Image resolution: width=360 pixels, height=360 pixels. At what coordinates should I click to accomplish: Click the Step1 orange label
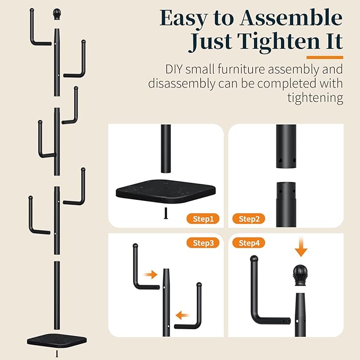203,218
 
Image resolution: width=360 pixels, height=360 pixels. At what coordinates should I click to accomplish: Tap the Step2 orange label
249,218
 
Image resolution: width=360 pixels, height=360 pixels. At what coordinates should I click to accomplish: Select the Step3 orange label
203,243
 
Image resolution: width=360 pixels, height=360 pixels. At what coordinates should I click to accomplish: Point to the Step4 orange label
249,243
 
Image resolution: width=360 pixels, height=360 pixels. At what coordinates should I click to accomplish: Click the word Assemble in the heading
291,18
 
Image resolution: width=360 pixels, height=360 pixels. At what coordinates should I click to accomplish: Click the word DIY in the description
174,69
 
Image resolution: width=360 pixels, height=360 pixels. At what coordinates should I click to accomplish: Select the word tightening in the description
315,98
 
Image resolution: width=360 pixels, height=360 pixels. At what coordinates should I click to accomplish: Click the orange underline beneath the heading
324,57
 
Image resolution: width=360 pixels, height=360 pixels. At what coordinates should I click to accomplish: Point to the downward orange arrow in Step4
301,247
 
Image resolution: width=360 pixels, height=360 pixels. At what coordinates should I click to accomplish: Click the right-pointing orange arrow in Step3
151,274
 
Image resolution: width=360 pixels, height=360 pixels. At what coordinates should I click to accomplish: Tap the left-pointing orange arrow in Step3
182,315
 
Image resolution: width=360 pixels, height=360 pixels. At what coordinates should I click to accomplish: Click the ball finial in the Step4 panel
300,275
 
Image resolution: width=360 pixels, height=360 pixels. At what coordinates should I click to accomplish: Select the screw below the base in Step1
166,213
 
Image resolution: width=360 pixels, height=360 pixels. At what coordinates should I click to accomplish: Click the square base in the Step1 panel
166,192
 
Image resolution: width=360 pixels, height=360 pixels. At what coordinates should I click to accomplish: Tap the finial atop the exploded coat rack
57,14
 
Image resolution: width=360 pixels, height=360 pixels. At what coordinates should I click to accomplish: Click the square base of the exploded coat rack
57,340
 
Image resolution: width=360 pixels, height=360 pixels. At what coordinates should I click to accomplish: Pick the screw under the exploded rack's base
57,354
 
